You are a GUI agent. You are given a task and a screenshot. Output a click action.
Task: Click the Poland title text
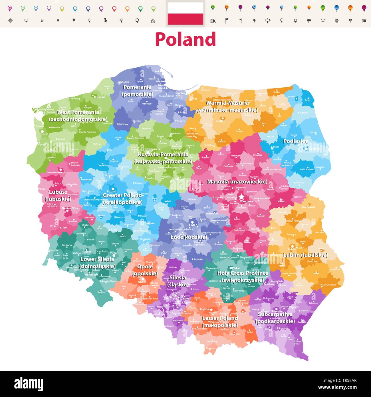pos(185,39)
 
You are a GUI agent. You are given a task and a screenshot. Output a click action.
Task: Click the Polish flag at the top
pos(185,13)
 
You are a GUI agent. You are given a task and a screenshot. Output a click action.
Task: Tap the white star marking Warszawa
pos(241,197)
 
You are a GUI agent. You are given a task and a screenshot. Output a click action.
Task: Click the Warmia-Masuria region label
pos(227,107)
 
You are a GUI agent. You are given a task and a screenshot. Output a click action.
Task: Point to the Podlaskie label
pos(295,141)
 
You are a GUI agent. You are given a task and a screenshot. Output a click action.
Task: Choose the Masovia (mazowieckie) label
pos(237,182)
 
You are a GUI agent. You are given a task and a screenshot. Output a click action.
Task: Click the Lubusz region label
pos(58,196)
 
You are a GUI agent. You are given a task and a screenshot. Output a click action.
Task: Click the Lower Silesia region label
pos(97,263)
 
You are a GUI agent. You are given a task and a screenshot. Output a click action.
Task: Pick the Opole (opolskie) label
pos(145,270)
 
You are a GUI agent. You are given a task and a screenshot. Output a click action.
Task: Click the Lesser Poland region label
pos(220,322)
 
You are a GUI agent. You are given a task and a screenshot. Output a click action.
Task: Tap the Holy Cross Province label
pos(243,276)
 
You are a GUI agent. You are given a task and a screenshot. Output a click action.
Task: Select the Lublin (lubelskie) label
pos(305,255)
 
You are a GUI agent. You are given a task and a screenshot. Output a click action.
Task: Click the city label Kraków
pos(205,309)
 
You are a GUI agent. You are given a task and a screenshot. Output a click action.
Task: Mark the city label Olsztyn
pos(220,121)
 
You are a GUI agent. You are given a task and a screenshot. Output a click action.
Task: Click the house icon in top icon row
pos(153,21)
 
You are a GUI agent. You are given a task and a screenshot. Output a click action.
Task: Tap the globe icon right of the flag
pos(212,21)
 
